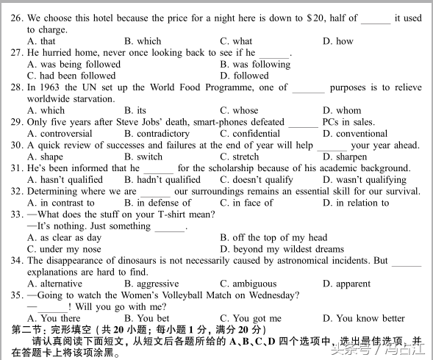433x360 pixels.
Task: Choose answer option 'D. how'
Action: pos(338,41)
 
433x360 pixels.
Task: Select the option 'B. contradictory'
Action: pos(157,134)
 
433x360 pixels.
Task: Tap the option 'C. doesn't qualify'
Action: pos(257,180)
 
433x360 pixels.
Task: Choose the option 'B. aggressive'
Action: pos(151,284)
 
